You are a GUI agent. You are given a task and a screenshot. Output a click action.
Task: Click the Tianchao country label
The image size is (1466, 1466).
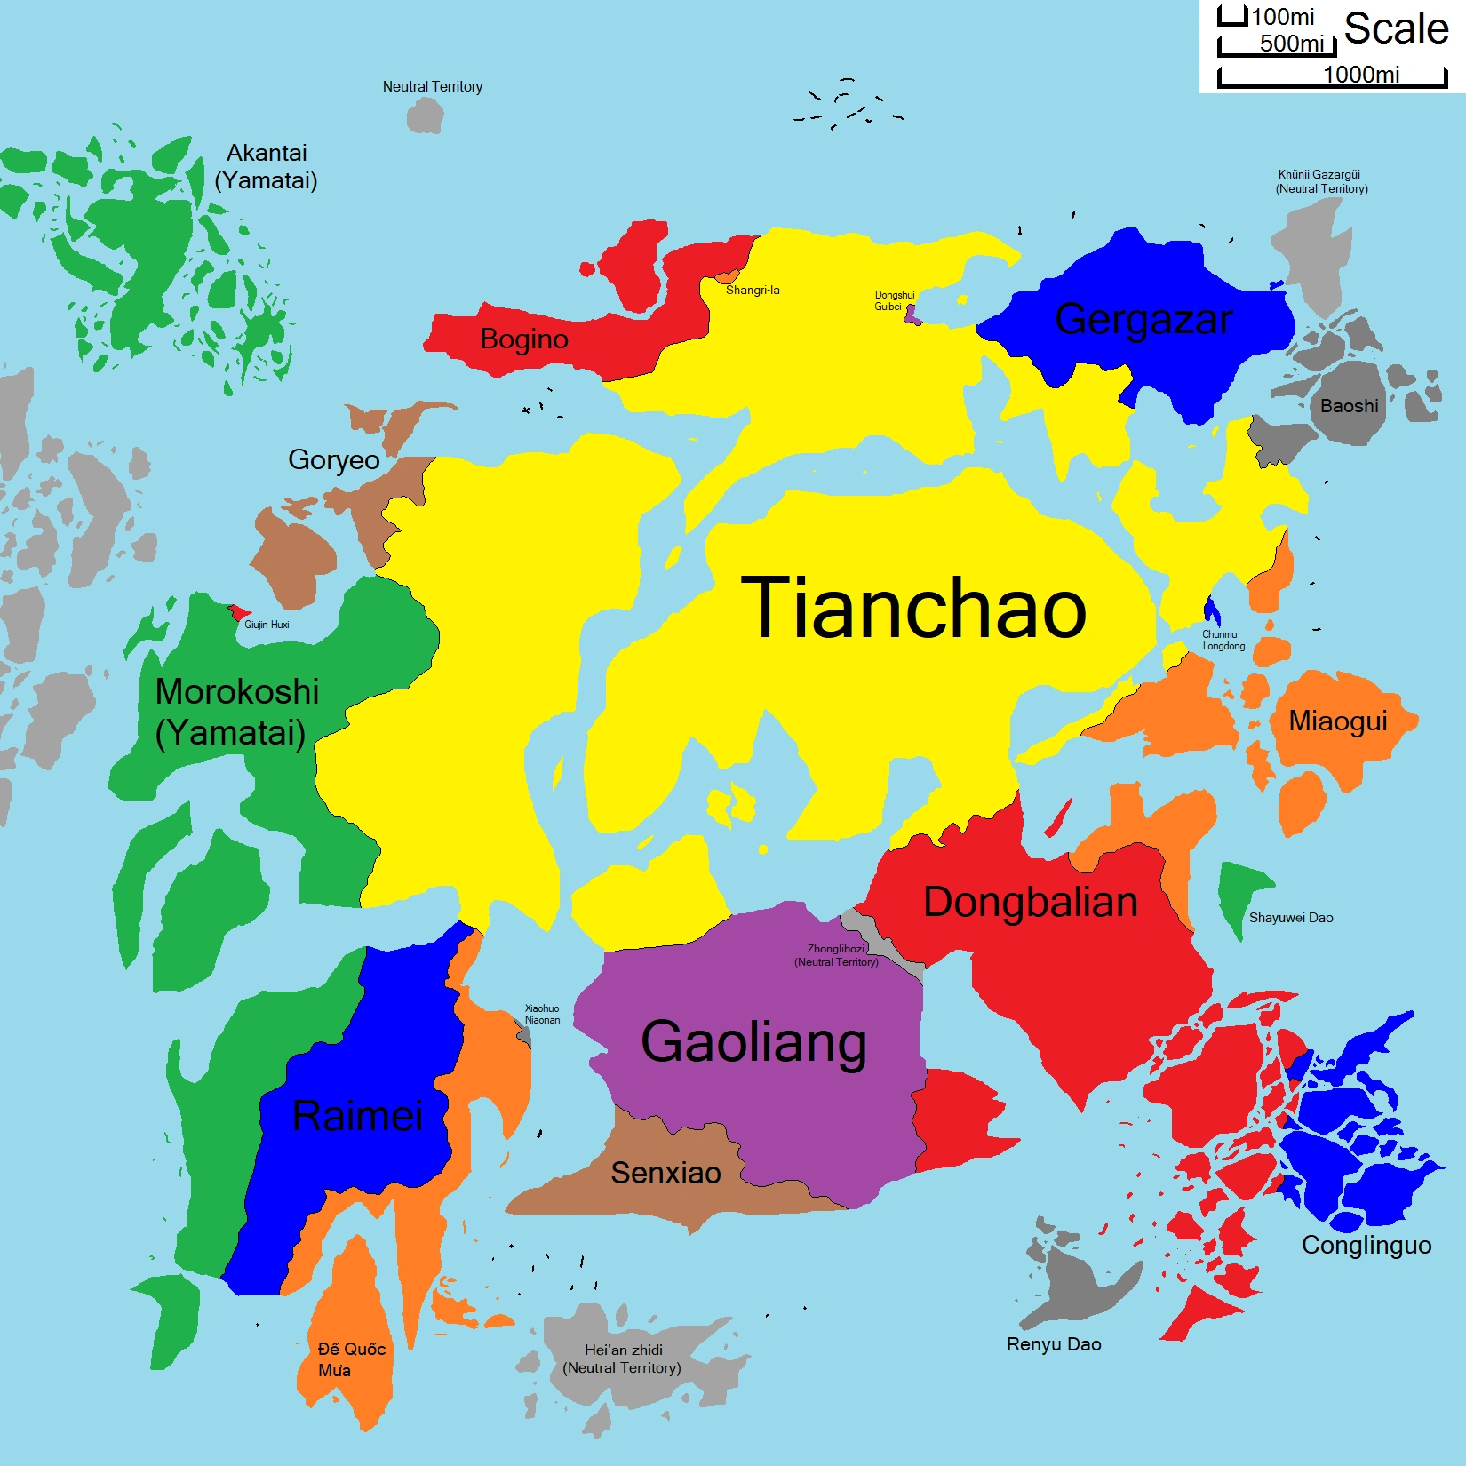(913, 608)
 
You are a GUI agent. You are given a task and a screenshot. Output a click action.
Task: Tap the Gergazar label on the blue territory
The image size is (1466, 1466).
(1143, 319)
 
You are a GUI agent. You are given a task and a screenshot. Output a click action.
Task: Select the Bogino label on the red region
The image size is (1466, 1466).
(524, 339)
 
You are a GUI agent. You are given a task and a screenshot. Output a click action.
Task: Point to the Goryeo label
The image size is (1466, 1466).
(333, 460)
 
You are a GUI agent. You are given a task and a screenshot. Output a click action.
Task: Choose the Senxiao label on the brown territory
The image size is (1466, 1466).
(665, 1173)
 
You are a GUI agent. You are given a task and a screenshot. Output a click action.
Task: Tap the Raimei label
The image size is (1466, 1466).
(357, 1116)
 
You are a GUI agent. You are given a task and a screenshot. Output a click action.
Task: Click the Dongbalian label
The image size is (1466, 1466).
(1031, 902)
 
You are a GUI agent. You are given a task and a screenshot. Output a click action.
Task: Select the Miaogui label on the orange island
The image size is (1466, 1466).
(1338, 721)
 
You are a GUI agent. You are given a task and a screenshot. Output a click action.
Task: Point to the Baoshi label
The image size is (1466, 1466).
(1349, 406)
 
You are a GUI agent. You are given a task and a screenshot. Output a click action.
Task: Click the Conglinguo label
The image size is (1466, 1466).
(1366, 1245)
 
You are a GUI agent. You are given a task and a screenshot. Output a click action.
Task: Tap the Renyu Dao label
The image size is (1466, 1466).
(1054, 1344)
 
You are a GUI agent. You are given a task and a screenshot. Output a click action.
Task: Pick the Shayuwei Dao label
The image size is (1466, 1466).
(1291, 918)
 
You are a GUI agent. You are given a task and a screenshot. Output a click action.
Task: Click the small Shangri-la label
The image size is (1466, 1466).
(753, 291)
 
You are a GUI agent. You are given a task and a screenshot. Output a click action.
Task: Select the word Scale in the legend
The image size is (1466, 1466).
(1396, 28)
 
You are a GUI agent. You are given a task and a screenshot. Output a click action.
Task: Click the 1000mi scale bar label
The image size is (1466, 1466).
(1361, 75)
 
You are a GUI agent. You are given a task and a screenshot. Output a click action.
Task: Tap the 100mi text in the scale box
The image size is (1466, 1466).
(1283, 17)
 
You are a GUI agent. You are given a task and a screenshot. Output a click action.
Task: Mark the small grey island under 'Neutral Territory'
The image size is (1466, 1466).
(426, 116)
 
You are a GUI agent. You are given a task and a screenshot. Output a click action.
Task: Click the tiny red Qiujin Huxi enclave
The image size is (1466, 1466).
(238, 612)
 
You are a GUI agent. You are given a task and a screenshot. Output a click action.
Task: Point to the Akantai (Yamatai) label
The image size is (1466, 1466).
(267, 167)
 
